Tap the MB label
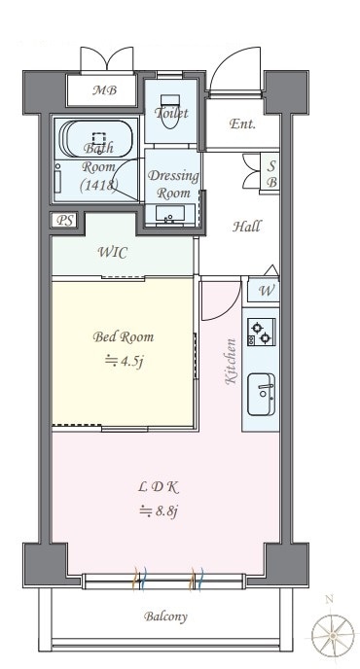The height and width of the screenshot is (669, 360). pyautogui.click(x=105, y=90)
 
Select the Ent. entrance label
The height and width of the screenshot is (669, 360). pyautogui.click(x=242, y=124)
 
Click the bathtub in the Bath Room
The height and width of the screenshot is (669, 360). pyautogui.click(x=96, y=140)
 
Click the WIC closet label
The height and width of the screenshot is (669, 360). pyautogui.click(x=113, y=253)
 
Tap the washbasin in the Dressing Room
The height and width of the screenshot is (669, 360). pyautogui.click(x=170, y=213)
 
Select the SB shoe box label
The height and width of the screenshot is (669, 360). pyautogui.click(x=271, y=174)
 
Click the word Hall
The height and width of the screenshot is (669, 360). pyautogui.click(x=247, y=227)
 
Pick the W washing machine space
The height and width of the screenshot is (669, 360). pyautogui.click(x=267, y=292)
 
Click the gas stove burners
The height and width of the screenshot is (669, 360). pyautogui.click(x=262, y=333)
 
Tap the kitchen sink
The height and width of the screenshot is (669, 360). pyautogui.click(x=262, y=395)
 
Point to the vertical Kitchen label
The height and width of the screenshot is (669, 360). pyautogui.click(x=231, y=362)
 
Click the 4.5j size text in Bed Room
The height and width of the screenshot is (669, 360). pyautogui.click(x=124, y=362)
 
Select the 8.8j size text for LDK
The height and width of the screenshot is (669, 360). pyautogui.click(x=159, y=511)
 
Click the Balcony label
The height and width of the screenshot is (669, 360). pyautogui.click(x=165, y=616)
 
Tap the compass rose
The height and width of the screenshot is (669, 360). pyautogui.click(x=332, y=635)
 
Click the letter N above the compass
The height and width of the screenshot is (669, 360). pyautogui.click(x=329, y=599)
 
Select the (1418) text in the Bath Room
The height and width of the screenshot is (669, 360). pyautogui.click(x=99, y=185)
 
